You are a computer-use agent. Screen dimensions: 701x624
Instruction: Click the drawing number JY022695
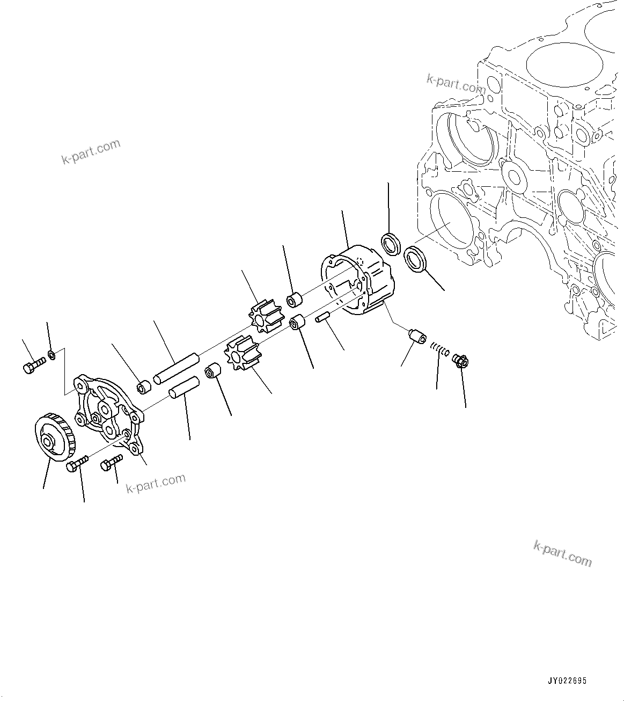(567, 681)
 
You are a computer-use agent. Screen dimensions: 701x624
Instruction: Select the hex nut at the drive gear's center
(49, 442)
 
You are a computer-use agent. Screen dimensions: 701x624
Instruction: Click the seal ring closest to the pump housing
(391, 244)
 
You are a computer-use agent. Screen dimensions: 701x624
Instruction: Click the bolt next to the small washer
(34, 366)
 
